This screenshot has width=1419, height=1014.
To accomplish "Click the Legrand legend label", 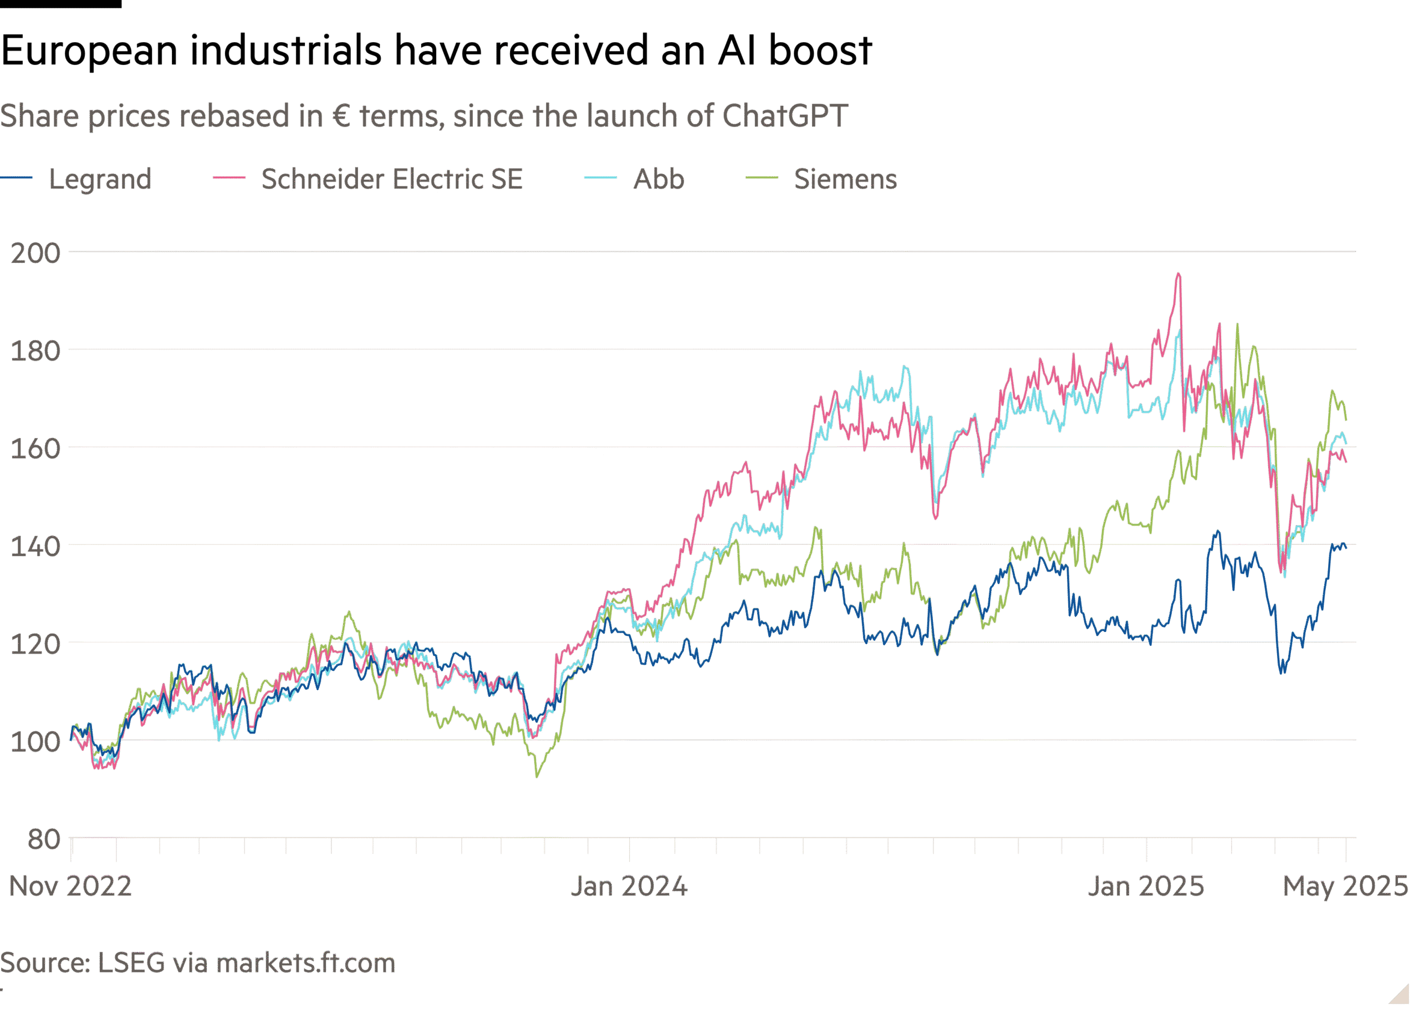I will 100,179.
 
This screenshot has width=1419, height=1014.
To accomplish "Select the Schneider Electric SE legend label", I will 391,179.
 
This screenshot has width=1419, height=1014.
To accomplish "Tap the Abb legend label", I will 659,179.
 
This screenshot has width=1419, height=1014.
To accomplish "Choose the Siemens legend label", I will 845,179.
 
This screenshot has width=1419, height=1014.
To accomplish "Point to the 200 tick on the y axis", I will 35,253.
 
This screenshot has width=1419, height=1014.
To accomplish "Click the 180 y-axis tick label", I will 35,351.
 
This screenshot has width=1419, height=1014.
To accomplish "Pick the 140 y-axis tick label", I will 35,547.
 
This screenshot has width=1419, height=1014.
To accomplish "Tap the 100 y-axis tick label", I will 35,742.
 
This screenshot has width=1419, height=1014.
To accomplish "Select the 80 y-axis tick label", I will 44,840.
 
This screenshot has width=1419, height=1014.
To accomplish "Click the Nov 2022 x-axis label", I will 70,886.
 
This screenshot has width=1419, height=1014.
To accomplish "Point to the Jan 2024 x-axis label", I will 629,886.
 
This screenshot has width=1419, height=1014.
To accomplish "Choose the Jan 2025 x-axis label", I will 1146,886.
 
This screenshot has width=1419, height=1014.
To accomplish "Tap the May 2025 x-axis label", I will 1345,886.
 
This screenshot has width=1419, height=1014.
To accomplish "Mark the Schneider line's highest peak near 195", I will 1178,273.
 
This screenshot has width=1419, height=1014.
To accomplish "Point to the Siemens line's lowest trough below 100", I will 537,776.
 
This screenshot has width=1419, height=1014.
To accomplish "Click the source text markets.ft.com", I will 305,964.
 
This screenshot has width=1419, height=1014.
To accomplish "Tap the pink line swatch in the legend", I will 228,178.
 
